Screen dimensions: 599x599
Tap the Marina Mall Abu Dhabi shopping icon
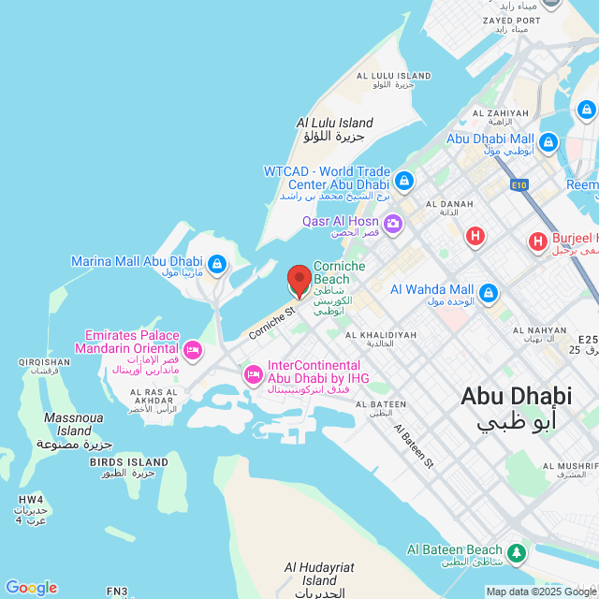[216, 265]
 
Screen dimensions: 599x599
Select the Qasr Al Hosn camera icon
[392, 223]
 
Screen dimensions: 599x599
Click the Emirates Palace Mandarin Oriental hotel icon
[192, 350]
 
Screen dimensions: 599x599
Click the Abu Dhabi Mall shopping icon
[548, 143]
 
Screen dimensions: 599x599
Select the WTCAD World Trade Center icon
[403, 180]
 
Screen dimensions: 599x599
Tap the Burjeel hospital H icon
[538, 242]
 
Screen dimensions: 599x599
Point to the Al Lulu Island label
[334, 123]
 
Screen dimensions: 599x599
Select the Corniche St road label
[271, 321]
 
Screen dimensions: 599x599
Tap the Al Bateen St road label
[414, 445]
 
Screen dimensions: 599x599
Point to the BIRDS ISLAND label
[129, 462]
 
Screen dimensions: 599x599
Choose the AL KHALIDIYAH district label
[381, 334]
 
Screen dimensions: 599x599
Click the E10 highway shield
[519, 185]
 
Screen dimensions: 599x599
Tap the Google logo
[31, 588]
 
